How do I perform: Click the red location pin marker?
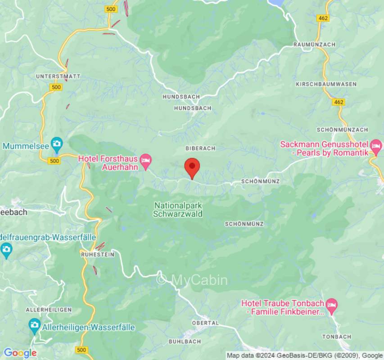[x=192, y=167]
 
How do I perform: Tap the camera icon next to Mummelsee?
[x=57, y=144]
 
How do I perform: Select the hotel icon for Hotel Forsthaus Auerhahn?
[x=145, y=160]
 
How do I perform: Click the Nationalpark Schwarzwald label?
[x=178, y=210]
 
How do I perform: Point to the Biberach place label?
[x=200, y=148]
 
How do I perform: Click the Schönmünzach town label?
[x=342, y=130]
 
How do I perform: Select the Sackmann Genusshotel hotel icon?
[x=376, y=146]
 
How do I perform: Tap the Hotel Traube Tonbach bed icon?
[x=332, y=305]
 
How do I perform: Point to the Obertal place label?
[x=205, y=323]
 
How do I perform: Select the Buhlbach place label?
[x=185, y=342]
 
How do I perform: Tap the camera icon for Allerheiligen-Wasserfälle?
[x=35, y=325]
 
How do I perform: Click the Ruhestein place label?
[x=97, y=254]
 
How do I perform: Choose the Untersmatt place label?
[x=58, y=76]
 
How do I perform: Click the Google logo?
[x=20, y=353]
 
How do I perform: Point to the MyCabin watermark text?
[x=192, y=280]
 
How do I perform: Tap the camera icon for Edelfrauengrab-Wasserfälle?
[x=6, y=248]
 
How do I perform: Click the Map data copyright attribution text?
[x=304, y=355]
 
